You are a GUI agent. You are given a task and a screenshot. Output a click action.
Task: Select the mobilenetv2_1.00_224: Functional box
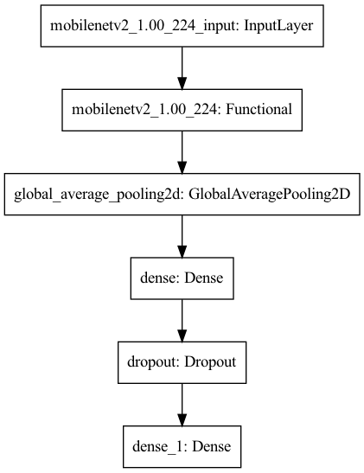pos(182,111)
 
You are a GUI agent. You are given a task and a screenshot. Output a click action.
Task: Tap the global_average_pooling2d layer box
pos(182,195)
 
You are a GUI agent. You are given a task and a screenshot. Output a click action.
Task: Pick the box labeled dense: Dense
pos(182,279)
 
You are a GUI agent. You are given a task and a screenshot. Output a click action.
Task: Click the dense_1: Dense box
pos(182,447)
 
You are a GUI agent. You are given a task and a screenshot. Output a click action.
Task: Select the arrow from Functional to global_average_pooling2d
pos(182,150)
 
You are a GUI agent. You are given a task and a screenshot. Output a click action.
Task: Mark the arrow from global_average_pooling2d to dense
pos(182,234)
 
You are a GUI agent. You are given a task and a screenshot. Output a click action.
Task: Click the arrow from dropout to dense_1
pos(182,402)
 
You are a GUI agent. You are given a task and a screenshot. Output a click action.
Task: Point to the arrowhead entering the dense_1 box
pos(182,419)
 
